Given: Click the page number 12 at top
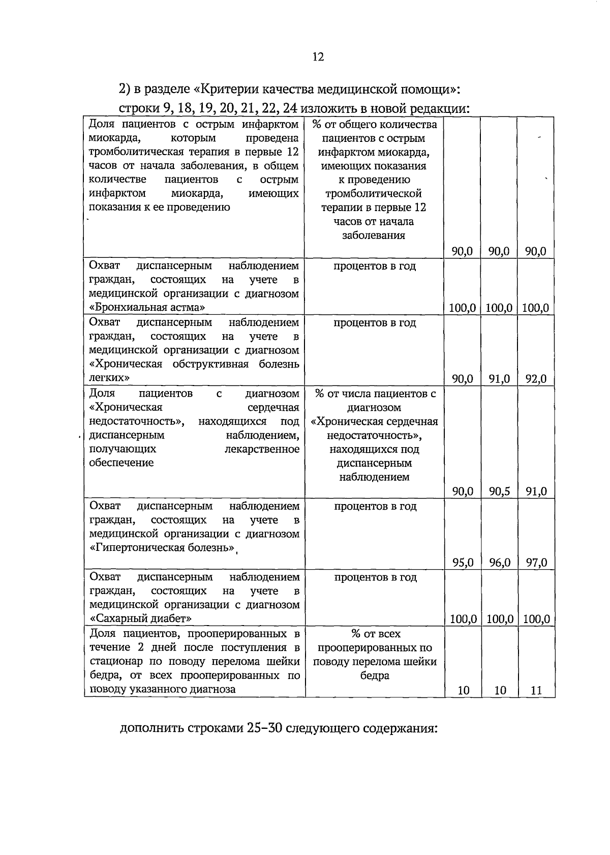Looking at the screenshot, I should (x=318, y=57).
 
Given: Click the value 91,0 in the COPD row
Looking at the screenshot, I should (x=499, y=379).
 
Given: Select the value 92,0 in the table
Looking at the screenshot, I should (x=536, y=379).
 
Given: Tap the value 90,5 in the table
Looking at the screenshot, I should (x=499, y=491).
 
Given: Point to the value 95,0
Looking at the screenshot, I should (x=463, y=563).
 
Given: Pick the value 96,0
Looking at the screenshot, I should (x=499, y=563).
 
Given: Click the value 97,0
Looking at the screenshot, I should (x=536, y=563).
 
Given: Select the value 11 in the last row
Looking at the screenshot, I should (x=536, y=691).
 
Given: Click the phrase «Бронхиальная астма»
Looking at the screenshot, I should (x=147, y=308).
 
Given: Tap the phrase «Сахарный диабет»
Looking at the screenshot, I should (x=141, y=619).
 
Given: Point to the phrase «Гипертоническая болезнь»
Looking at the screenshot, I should (x=163, y=548).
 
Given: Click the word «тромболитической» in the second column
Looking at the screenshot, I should (x=373, y=194).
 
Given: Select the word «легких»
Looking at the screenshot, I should (x=109, y=378).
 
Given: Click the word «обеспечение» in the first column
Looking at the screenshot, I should (x=121, y=463).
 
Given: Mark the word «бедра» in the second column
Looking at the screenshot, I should (x=375, y=676).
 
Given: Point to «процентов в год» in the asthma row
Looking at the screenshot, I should (x=375, y=266).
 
